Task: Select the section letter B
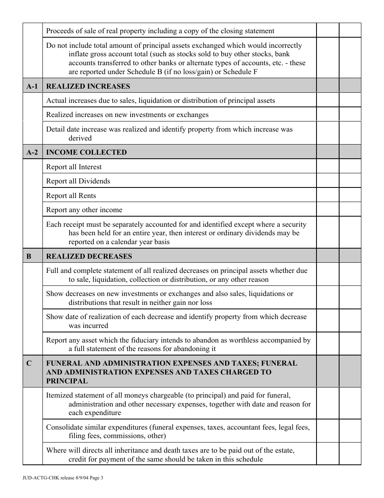tap(29, 256)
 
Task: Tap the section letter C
tap(29, 363)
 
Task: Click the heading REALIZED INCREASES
tap(88, 86)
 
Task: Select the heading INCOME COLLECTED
tap(87, 152)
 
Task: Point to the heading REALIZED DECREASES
tap(89, 256)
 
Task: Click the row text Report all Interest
tap(74, 167)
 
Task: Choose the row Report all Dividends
tap(78, 181)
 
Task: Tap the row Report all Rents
tap(71, 196)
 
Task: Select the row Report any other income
tap(84, 210)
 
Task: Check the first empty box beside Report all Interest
tap(327, 167)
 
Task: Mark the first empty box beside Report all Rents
tap(327, 196)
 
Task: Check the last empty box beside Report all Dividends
tap(350, 181)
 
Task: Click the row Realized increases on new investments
tap(127, 115)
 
